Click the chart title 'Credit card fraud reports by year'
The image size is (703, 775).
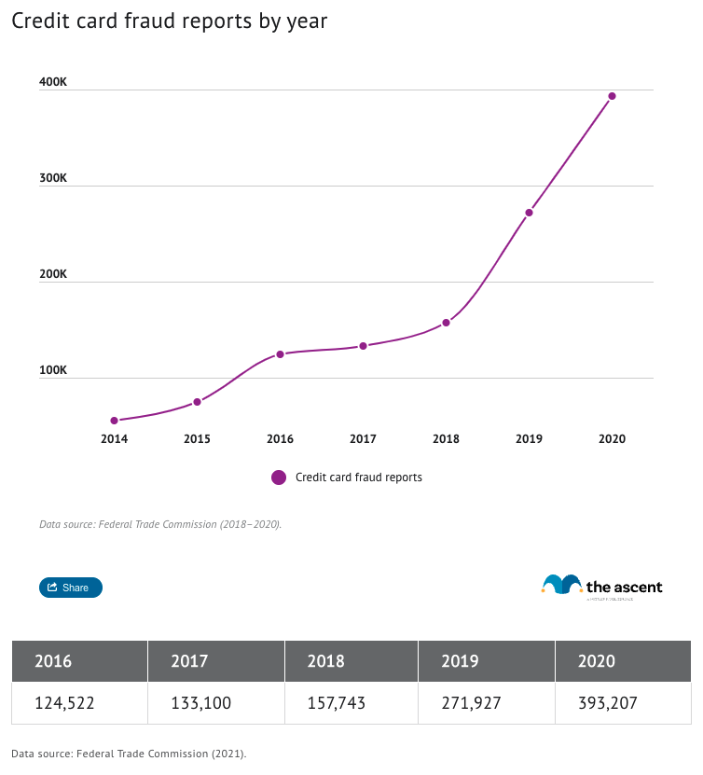click(x=169, y=21)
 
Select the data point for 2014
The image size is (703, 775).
click(x=114, y=421)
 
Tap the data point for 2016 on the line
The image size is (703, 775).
click(x=280, y=354)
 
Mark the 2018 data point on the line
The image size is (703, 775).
click(x=446, y=323)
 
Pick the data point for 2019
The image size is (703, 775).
click(x=529, y=213)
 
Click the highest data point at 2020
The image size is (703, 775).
click(x=612, y=96)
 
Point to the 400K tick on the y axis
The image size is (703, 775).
click(x=52, y=82)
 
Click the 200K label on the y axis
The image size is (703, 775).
click(x=52, y=274)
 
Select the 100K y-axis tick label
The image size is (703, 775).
click(x=52, y=370)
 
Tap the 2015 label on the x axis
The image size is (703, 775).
click(x=197, y=438)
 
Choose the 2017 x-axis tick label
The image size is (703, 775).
click(x=363, y=438)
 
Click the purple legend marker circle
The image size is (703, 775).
click(x=279, y=477)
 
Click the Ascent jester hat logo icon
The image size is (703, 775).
click(x=561, y=585)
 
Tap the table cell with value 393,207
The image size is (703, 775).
click(x=608, y=703)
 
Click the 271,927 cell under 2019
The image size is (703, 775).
click(x=472, y=703)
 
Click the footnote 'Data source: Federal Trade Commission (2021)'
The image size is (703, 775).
click(x=129, y=753)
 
